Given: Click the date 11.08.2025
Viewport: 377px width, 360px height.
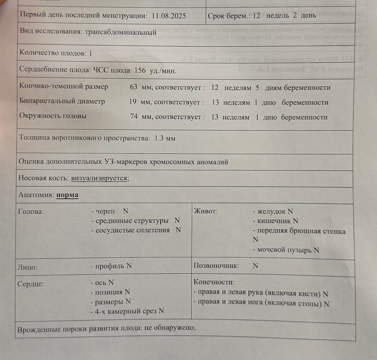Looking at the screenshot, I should point(169,16).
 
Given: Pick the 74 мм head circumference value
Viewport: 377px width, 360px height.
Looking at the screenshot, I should point(138,117).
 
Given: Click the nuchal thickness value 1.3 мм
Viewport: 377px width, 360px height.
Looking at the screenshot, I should point(165,138).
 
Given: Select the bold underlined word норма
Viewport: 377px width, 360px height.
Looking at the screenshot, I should point(67,195).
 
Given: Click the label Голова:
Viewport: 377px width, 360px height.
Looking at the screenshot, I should point(31,211).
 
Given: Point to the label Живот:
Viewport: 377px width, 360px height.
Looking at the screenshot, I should point(206,211).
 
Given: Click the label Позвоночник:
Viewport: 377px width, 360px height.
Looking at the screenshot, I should point(216,266).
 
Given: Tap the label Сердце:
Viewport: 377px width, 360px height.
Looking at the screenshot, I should point(31,284).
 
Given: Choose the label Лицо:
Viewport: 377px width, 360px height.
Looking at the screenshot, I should point(28,267).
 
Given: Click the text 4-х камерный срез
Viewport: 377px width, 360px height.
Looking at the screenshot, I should point(127,311).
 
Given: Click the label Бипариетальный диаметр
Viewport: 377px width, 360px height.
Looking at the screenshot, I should point(62,102).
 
